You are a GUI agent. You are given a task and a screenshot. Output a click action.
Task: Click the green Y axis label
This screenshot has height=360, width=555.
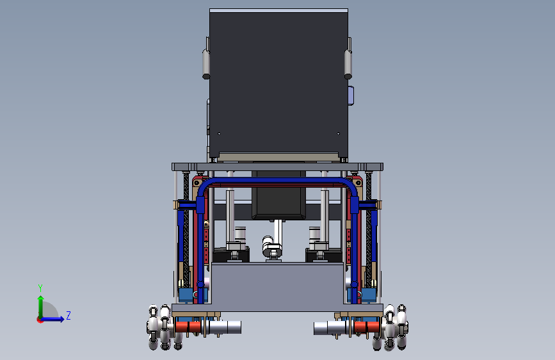tap(40, 288)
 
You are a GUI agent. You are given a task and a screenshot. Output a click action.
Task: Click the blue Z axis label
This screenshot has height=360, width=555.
tap(68, 315)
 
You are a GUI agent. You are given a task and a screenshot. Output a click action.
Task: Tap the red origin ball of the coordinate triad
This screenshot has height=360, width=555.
tap(40, 320)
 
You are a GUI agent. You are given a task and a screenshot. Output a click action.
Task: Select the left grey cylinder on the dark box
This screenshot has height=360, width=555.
tap(205, 64)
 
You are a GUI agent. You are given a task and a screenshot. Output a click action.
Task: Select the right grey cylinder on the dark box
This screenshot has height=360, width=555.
tap(348, 64)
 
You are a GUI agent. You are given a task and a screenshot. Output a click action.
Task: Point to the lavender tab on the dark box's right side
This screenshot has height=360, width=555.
tap(350, 95)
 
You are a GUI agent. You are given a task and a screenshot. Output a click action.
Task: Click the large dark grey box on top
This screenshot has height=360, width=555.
tap(278, 84)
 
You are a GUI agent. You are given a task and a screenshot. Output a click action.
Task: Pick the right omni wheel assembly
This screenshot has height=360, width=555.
tap(390, 327)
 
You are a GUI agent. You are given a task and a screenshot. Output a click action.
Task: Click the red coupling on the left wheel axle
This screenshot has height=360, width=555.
tap(188, 327)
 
